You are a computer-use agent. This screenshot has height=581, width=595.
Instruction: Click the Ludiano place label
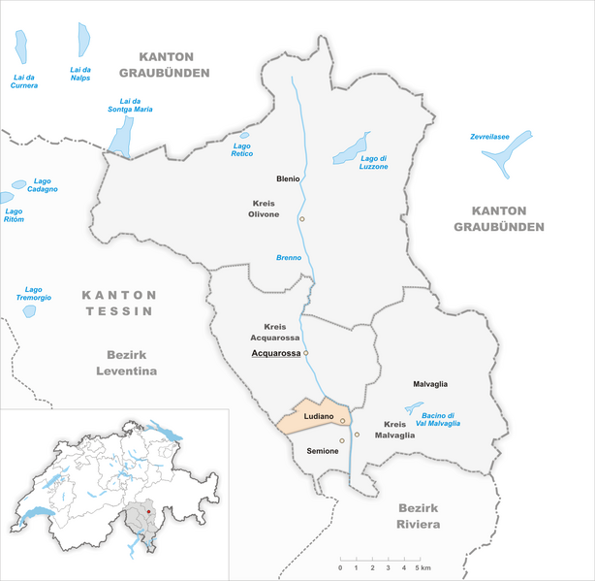319,416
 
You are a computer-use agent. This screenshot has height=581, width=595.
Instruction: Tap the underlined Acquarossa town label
276,353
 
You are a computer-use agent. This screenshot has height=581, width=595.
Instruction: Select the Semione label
323,452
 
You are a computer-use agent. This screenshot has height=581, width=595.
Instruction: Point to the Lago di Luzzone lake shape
350,149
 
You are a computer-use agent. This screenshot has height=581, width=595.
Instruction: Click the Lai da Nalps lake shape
84,41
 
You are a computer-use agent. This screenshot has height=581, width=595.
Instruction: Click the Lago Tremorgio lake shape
30,311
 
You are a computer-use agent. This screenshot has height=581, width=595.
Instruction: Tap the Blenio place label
286,179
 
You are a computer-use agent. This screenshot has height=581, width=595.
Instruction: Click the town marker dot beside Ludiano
342,420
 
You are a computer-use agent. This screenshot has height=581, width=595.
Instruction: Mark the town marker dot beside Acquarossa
306,353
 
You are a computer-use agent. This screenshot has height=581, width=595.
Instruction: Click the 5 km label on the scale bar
424,566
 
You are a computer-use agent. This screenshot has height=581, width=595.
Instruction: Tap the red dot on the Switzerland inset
149,506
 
